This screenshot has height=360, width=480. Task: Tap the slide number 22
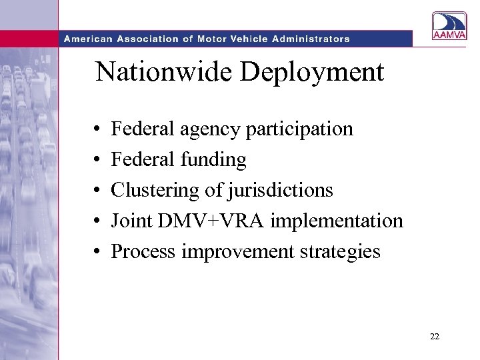435,337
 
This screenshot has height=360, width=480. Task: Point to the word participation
299,129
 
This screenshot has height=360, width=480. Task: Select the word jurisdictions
280,190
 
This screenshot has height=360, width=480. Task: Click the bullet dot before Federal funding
97,160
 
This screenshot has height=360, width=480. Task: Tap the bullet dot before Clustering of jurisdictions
97,191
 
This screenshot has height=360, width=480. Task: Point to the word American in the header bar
87,39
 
